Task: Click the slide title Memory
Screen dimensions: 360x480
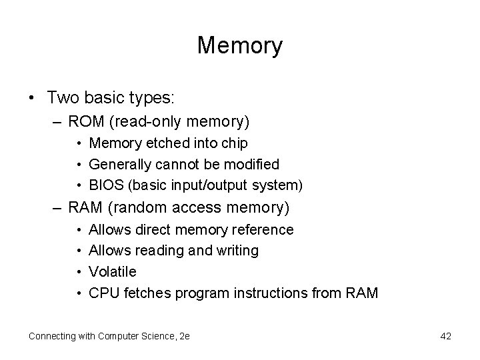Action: (x=240, y=46)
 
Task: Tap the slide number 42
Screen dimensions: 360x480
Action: (x=445, y=336)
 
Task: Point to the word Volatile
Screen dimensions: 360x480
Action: (x=113, y=271)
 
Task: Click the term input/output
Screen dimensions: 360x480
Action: (x=209, y=185)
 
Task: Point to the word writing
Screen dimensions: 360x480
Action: (x=235, y=251)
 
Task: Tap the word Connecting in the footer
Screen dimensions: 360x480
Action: (x=53, y=336)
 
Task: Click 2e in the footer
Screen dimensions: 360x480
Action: (x=184, y=336)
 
